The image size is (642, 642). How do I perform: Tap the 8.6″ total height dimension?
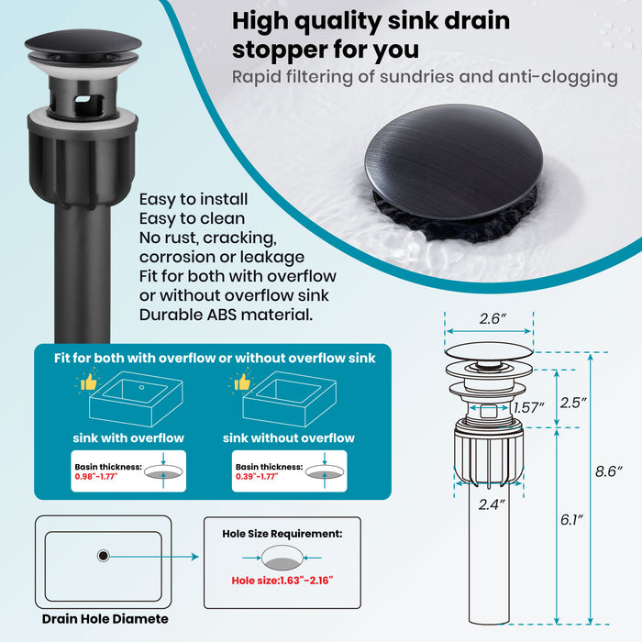pos(609,471)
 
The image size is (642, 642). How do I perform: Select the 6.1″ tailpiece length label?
pos(572,520)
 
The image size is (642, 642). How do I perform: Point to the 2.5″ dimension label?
pos(573,403)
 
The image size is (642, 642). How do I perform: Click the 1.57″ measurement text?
pos(529,408)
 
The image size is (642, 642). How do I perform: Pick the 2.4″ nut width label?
pos(492,504)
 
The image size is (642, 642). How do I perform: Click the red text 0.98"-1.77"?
pos(95,477)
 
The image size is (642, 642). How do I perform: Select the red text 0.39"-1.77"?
pos(257,477)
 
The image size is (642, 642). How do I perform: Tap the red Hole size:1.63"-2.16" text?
pos(282,581)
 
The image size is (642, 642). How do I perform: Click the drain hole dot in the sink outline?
pos(103,556)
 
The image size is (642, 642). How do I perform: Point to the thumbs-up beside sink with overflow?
pos(88,382)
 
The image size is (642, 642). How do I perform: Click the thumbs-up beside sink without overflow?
pos(241,382)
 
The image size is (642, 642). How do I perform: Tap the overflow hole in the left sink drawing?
pos(141,387)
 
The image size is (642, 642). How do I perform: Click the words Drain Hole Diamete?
pos(105,619)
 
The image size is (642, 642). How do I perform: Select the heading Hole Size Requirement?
pos(282,534)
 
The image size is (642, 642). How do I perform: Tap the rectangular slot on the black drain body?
pos(88,101)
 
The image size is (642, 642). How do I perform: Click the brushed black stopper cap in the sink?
pos(454,160)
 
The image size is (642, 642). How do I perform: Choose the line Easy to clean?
pos(192,218)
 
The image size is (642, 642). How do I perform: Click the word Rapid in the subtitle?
pos(256,77)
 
